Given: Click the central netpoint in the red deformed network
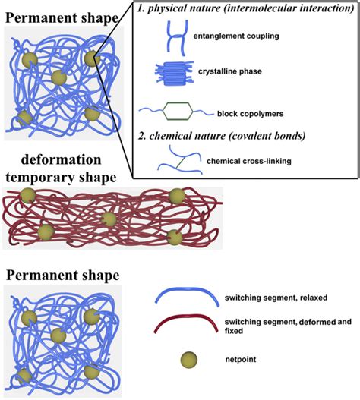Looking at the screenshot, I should point(109,219).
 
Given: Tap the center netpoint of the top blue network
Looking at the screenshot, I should point(58,77).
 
